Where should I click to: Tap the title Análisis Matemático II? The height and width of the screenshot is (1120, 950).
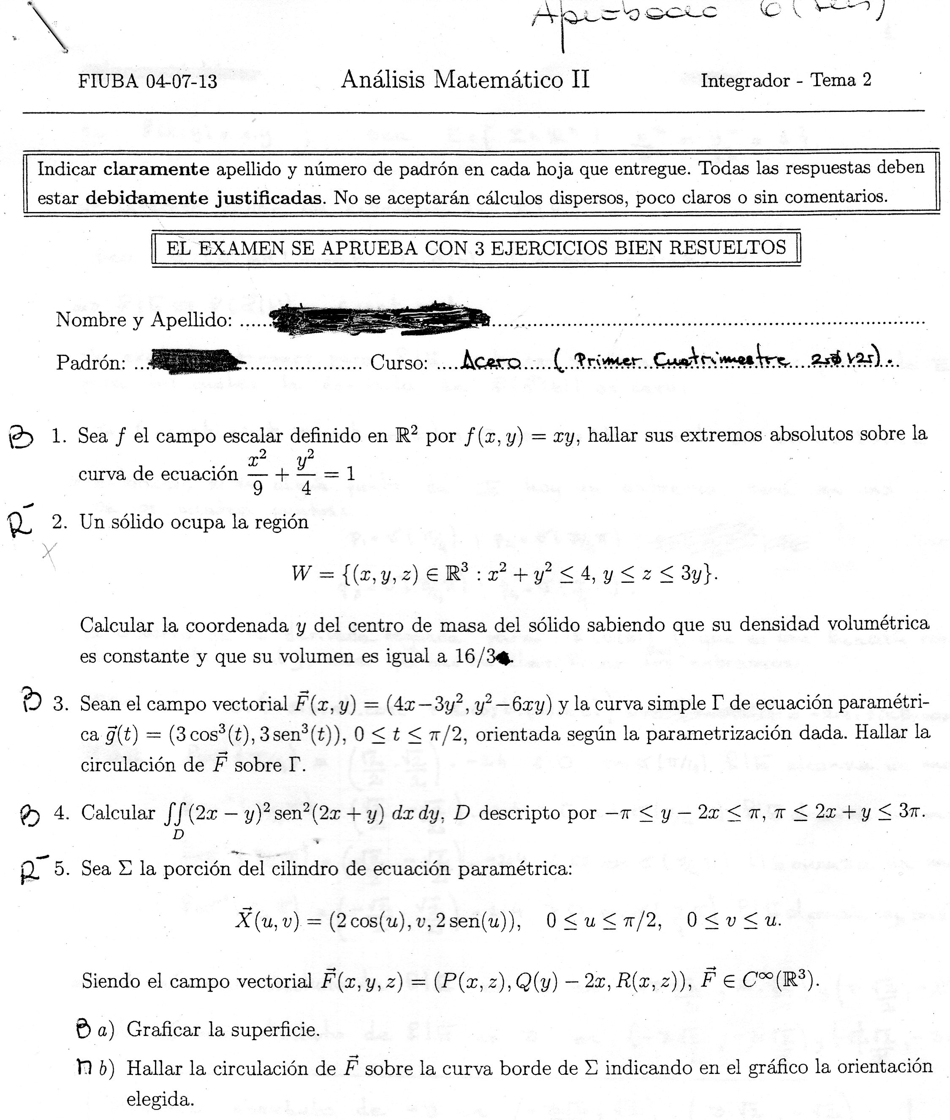coord(465,80)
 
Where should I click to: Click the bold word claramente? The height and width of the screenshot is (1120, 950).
coord(156,169)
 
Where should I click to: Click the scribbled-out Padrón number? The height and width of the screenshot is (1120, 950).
coord(194,360)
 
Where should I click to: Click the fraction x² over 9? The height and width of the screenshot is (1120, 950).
coord(258,473)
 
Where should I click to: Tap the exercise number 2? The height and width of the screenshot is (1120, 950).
coord(59,522)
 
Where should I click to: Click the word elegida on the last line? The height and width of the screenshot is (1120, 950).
coord(160,1099)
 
